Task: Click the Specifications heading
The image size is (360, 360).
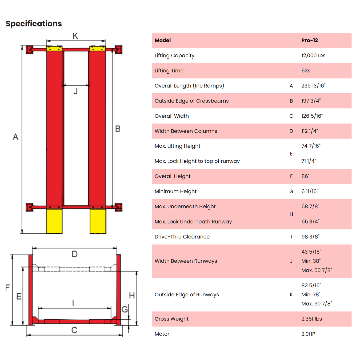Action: coord(34,24)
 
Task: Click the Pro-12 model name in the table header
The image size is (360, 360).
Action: coord(309,40)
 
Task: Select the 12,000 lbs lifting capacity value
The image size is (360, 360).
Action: coord(313,56)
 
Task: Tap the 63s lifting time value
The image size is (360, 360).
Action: coord(306,71)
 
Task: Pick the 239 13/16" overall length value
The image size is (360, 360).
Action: coord(313,86)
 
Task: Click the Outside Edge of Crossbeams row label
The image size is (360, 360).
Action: coord(191,101)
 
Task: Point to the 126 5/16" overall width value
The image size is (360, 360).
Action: coord(312,116)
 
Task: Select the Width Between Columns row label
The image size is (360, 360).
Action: coord(186,131)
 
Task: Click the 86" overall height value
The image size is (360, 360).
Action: coord(305,176)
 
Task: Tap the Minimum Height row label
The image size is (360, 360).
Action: coord(175,191)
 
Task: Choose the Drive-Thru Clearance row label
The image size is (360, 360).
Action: coord(182,237)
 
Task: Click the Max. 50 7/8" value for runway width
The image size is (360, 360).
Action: coord(317,270)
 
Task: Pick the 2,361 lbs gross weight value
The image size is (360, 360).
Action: coord(312,319)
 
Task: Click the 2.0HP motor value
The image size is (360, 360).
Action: coord(308,334)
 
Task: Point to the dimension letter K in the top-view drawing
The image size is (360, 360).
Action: coord(75,36)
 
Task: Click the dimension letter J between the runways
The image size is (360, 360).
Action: coord(76,91)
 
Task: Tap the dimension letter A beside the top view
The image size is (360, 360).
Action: coord(15,137)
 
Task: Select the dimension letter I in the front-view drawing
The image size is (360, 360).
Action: coord(73,303)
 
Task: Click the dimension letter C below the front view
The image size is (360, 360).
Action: coord(74,330)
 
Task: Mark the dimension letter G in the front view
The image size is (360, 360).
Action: coord(125,309)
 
